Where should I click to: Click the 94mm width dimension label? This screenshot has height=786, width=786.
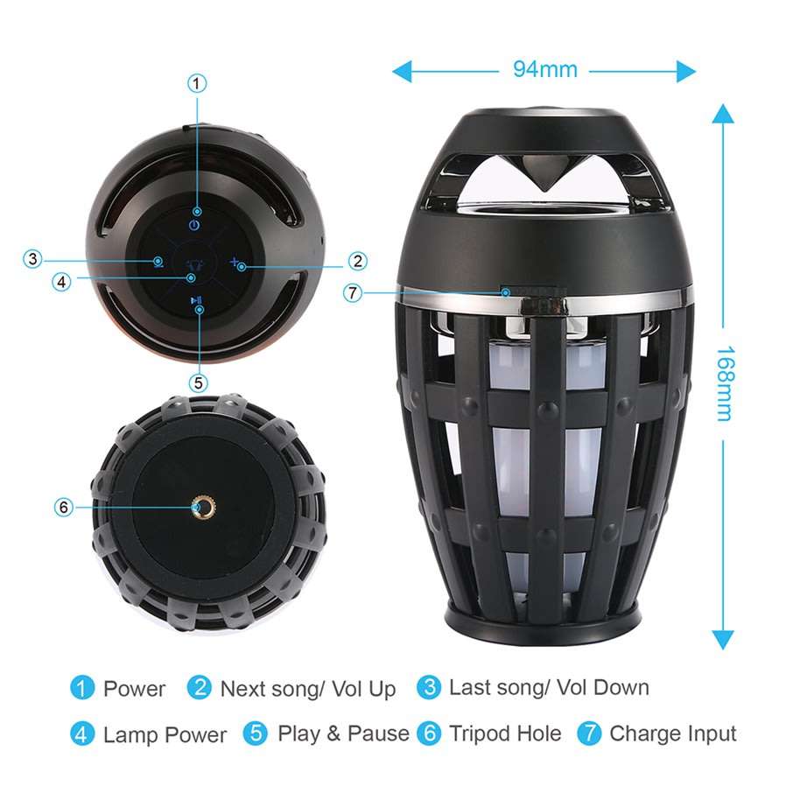pos(544,70)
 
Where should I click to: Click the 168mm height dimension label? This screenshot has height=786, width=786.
pos(723,383)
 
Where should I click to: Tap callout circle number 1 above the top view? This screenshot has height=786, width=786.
pos(198,83)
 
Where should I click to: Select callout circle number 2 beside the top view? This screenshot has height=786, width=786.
pos(356,260)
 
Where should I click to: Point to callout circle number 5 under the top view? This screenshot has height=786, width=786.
pos(198,382)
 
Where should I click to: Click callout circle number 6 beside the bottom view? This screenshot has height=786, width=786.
pos(62,507)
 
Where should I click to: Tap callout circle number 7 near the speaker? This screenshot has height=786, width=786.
pos(353,293)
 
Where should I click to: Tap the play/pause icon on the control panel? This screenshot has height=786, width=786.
pos(199,303)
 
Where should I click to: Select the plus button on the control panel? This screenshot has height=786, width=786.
pos(235,262)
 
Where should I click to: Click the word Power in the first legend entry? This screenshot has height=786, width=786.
pos(134,689)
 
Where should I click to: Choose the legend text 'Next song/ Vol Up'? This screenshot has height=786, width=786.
pos(307,689)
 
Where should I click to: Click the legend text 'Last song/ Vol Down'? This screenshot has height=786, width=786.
pos(549,687)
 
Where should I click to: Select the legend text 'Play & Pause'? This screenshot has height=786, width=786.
pos(343,733)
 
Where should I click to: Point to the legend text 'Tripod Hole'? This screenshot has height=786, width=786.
pos(505,733)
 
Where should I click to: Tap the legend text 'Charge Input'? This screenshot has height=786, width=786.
pos(673,733)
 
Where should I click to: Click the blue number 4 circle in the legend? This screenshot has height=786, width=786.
pos(82,733)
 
